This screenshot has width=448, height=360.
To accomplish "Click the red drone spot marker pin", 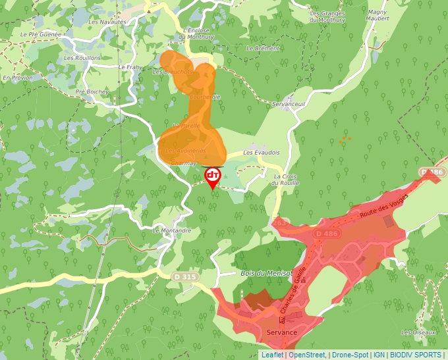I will coord(213,177).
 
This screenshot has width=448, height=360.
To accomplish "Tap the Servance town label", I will coord(282,332).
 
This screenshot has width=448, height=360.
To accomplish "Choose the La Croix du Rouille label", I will coord(287,180).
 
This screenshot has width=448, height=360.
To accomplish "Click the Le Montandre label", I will coord(171,231).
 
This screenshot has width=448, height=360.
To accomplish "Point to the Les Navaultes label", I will coord(107,22).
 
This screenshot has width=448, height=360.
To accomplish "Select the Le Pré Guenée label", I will coord(41,34).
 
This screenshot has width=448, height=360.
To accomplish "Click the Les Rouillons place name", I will coord(82,58).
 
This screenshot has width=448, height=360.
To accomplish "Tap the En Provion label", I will coord(18,78).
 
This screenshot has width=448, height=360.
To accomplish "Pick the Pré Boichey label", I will coord(92,92).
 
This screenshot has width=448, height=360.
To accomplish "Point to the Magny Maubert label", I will coord(378,15).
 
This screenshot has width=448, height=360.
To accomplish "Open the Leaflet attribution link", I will coord(272,355).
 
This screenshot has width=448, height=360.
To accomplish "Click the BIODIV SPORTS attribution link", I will coord(415,355).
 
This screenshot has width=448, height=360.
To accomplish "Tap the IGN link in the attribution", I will coord(379,355).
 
